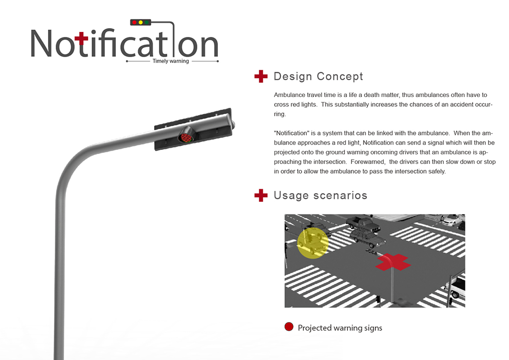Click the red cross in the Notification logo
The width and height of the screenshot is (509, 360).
point(81,39)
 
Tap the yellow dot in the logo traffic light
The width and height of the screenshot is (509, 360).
point(141,22)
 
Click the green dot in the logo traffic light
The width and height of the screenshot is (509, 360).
point(147,22)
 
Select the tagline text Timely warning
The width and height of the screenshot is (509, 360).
point(171,61)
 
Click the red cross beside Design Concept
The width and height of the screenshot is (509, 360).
point(261,76)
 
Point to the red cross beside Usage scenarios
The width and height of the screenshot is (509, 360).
point(261,195)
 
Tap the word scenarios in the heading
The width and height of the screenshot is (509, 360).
point(340,195)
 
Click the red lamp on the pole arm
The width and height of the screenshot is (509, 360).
point(186,137)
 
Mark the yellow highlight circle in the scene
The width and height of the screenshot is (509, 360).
point(313,243)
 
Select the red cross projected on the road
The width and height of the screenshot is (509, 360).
point(393,262)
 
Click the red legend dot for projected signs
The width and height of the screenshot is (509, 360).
point(289,327)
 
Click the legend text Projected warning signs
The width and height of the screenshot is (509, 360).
point(340,328)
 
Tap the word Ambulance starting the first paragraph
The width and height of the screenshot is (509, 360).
point(288,95)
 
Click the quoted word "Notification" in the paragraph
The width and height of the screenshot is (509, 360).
point(291,133)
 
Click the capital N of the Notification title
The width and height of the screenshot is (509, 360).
point(41,43)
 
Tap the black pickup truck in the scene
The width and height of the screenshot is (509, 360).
point(363,224)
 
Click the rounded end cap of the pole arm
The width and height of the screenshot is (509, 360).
point(232,124)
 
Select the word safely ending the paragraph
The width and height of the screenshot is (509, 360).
point(437,172)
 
